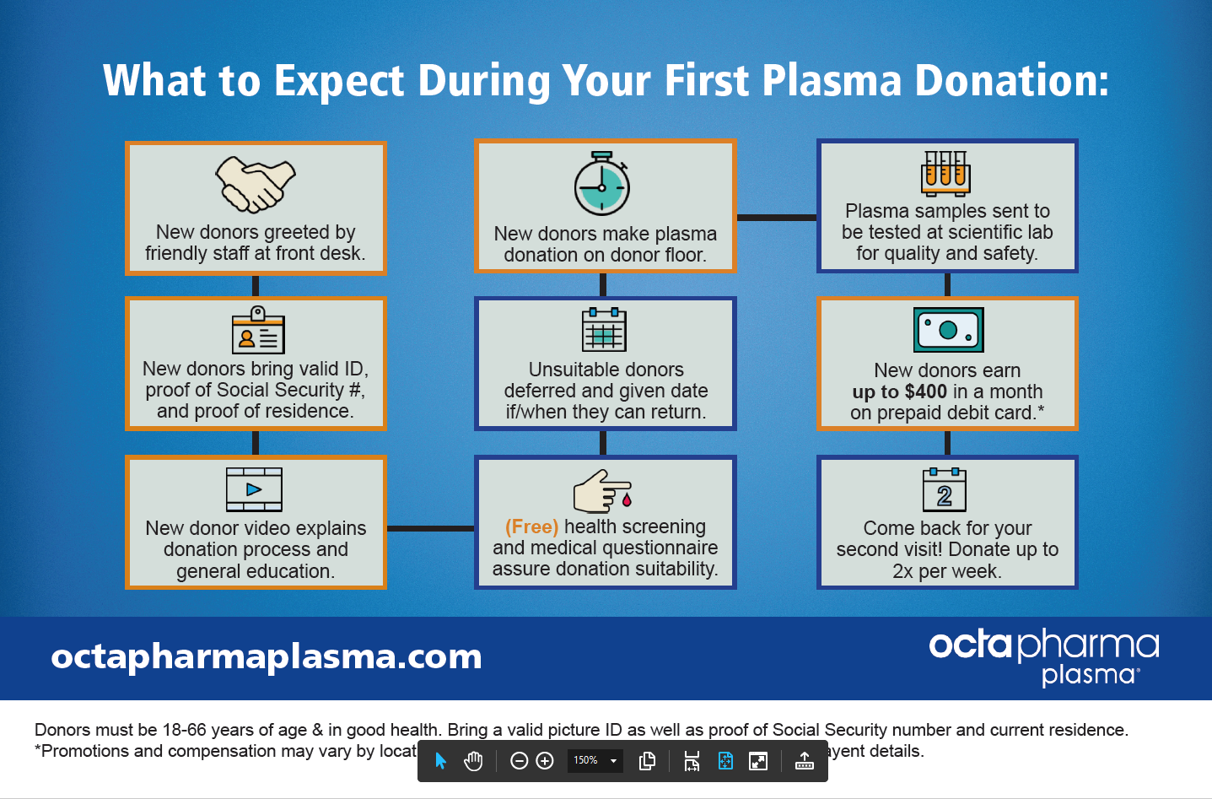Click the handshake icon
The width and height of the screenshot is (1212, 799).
click(x=256, y=184)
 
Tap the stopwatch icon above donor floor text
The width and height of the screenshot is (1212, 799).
click(x=602, y=184)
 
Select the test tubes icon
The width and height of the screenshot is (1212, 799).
click(x=945, y=171)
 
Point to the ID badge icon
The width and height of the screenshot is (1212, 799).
click(x=258, y=331)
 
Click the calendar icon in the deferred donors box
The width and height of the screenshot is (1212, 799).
click(x=604, y=330)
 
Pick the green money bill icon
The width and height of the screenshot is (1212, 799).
click(x=948, y=330)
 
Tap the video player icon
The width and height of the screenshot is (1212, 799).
click(x=254, y=489)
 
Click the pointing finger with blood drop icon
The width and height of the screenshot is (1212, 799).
click(x=602, y=491)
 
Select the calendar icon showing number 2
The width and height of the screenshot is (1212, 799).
click(x=945, y=490)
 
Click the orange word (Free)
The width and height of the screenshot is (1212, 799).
click(x=531, y=526)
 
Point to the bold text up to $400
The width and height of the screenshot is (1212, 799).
click(x=899, y=391)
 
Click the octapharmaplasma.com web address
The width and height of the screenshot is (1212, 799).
click(x=267, y=656)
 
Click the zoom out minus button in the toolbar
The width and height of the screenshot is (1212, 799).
click(x=520, y=761)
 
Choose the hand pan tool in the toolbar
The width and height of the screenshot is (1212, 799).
click(x=473, y=761)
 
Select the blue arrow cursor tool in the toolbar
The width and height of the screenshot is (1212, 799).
click(x=440, y=761)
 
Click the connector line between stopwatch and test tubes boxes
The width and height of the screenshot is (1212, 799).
click(x=776, y=218)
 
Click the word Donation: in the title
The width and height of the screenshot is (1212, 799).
click(x=1011, y=81)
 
